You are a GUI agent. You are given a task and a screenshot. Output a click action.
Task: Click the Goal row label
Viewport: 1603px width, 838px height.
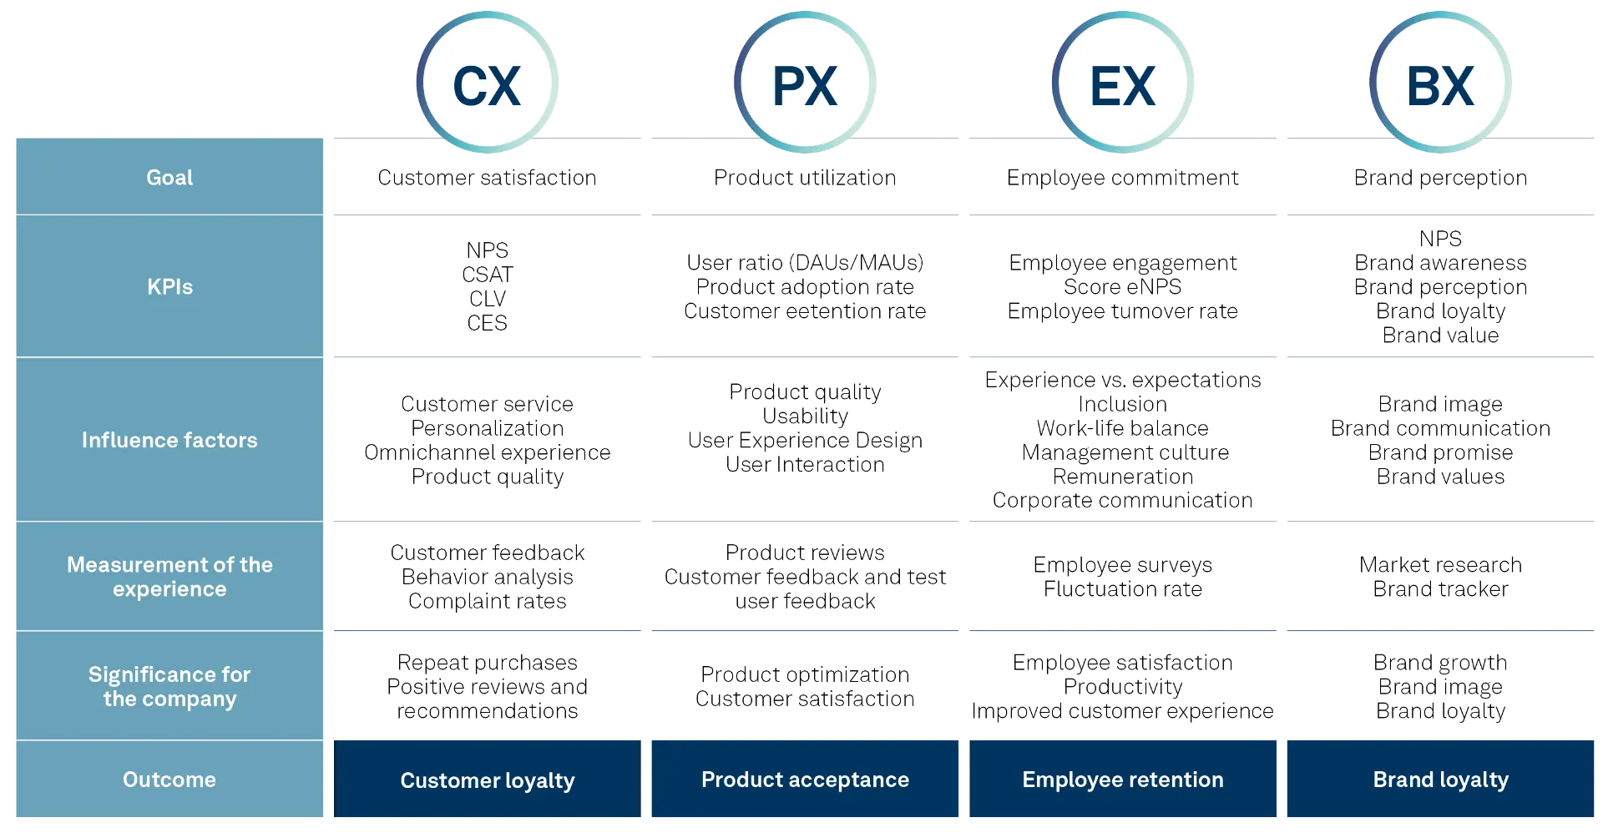click(x=169, y=177)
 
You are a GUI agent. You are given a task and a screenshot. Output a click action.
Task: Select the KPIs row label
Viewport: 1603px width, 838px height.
click(x=169, y=286)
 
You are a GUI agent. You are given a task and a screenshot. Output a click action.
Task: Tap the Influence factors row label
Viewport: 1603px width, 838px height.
click(x=169, y=440)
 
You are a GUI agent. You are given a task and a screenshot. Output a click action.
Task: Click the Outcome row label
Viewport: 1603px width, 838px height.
click(x=169, y=780)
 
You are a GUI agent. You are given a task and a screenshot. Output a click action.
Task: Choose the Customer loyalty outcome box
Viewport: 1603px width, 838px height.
click(x=488, y=780)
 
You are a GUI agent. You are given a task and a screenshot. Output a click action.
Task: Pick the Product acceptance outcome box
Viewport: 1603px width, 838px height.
click(x=805, y=780)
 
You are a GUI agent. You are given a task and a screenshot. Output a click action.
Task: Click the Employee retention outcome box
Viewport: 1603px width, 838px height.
click(x=1123, y=780)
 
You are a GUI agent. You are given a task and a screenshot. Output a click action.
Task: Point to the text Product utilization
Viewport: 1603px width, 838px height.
click(x=805, y=178)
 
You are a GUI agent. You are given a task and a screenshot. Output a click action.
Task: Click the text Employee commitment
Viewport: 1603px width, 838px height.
click(x=1124, y=178)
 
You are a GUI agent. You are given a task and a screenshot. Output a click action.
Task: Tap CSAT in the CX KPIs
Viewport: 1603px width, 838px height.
click(x=487, y=275)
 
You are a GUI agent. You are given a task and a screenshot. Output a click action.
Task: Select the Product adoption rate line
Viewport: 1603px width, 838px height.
click(x=805, y=287)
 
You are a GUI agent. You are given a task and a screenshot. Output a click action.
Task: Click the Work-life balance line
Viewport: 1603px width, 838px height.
click(x=1123, y=428)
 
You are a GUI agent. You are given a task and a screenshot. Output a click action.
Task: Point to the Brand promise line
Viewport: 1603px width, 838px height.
click(x=1441, y=452)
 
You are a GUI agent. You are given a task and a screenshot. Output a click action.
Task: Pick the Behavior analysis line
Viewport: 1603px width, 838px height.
click(x=488, y=577)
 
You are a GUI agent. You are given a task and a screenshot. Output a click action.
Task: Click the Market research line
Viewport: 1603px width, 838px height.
click(x=1441, y=565)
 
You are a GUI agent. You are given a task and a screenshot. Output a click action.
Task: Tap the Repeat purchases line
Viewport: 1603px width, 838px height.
click(x=488, y=663)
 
